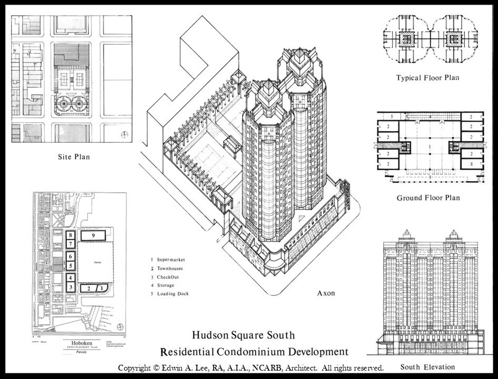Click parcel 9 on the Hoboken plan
click(x=93, y=235)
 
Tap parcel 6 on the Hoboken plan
click(x=70, y=256)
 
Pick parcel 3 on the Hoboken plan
click(x=70, y=287)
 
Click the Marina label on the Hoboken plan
click(x=97, y=262)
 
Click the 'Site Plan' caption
click(x=74, y=156)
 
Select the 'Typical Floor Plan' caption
click(x=428, y=78)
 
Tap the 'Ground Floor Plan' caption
click(x=428, y=198)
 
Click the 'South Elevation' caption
click(x=427, y=366)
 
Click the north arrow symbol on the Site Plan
click(x=124, y=134)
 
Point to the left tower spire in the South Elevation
click(x=406, y=234)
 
